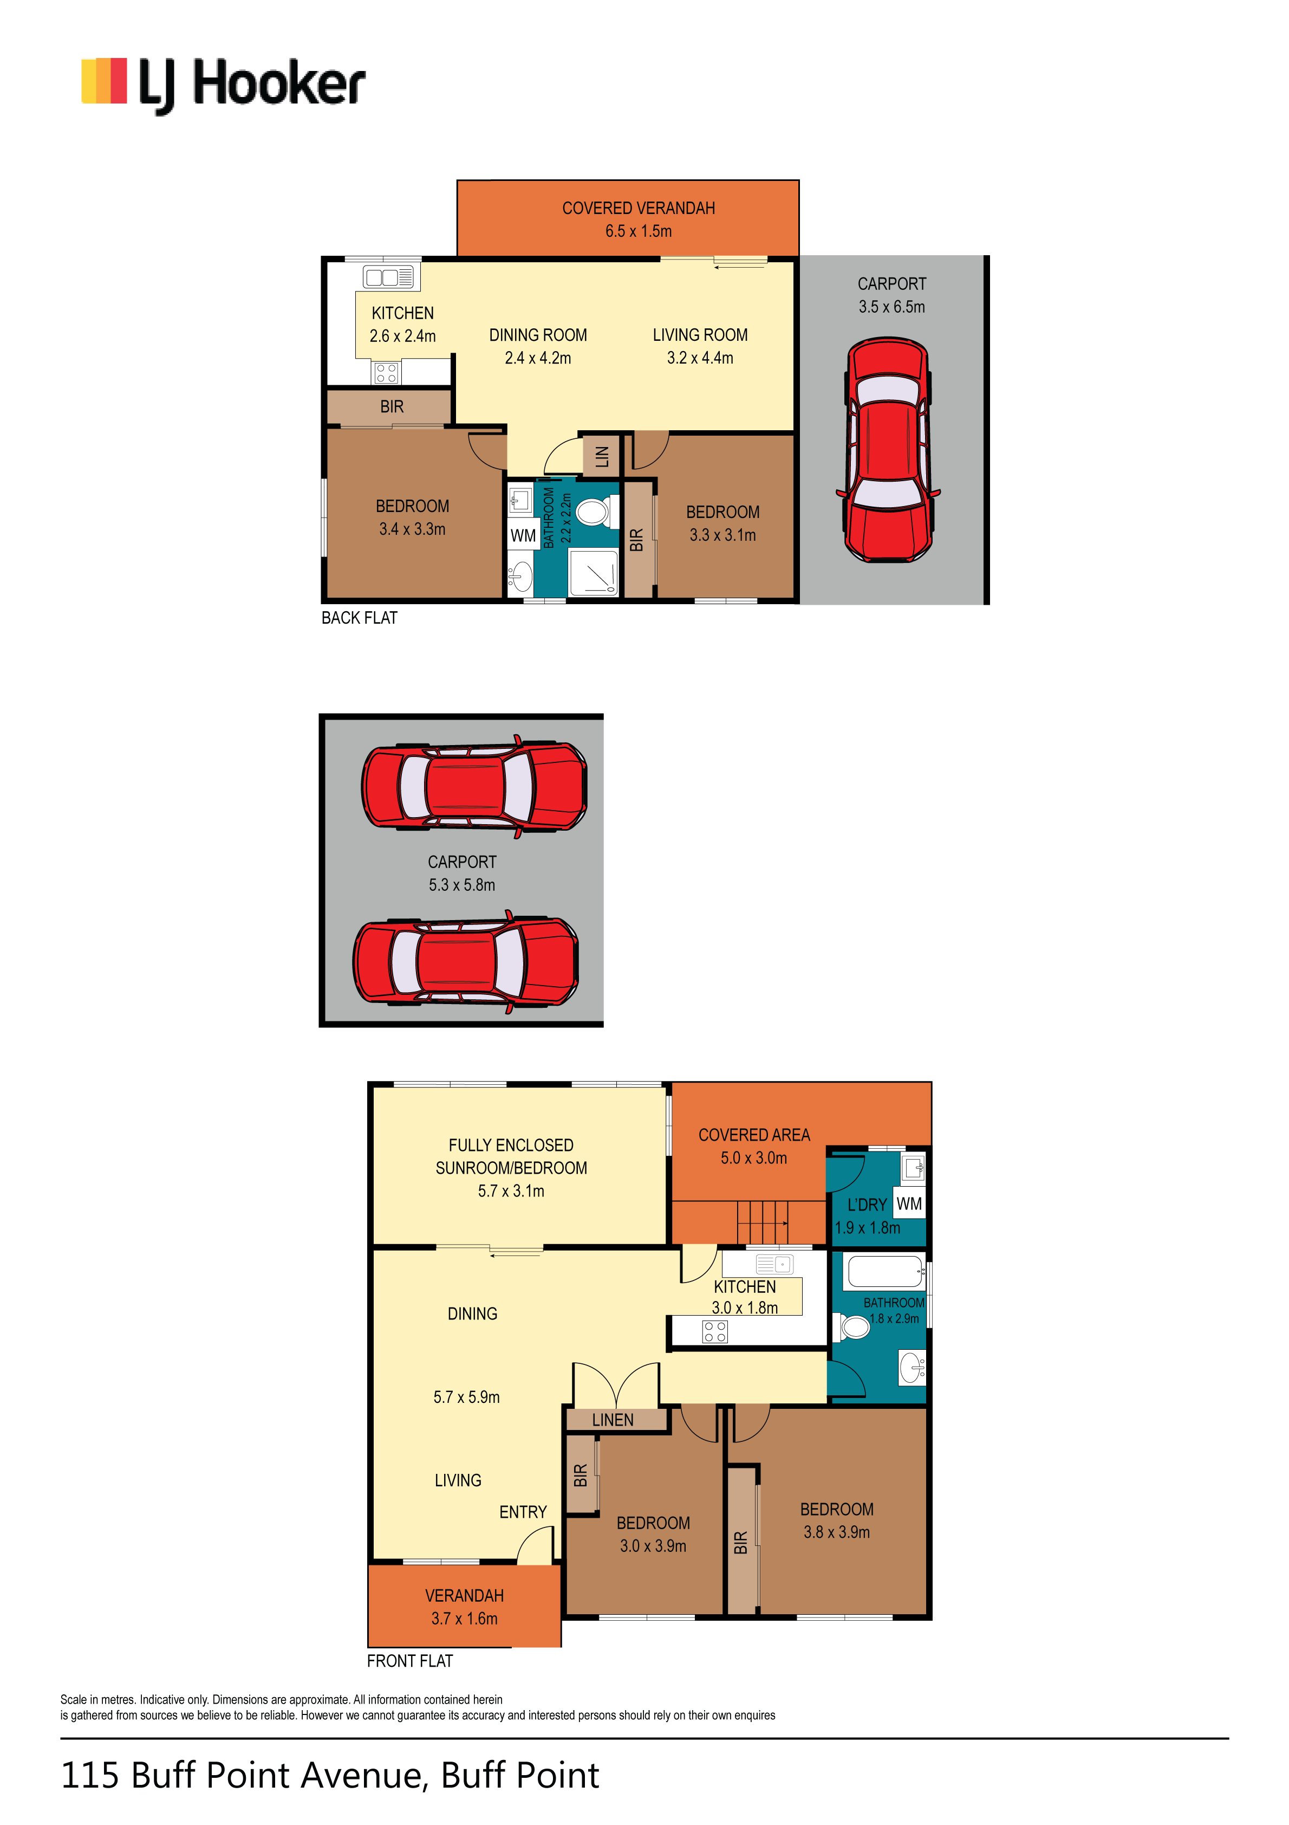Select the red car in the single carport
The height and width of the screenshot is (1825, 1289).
click(x=888, y=450)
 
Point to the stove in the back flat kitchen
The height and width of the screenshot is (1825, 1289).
click(x=386, y=373)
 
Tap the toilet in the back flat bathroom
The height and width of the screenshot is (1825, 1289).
click(x=596, y=511)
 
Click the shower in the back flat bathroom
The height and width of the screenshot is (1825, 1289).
click(x=593, y=572)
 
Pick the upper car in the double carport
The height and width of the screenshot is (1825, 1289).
click(x=474, y=786)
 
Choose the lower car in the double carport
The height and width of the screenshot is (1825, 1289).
click(x=466, y=962)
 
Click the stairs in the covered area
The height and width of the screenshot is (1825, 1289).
click(x=762, y=1222)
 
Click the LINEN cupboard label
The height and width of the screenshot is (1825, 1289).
click(x=613, y=1420)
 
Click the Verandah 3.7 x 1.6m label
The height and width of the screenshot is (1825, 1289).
click(x=464, y=1607)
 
